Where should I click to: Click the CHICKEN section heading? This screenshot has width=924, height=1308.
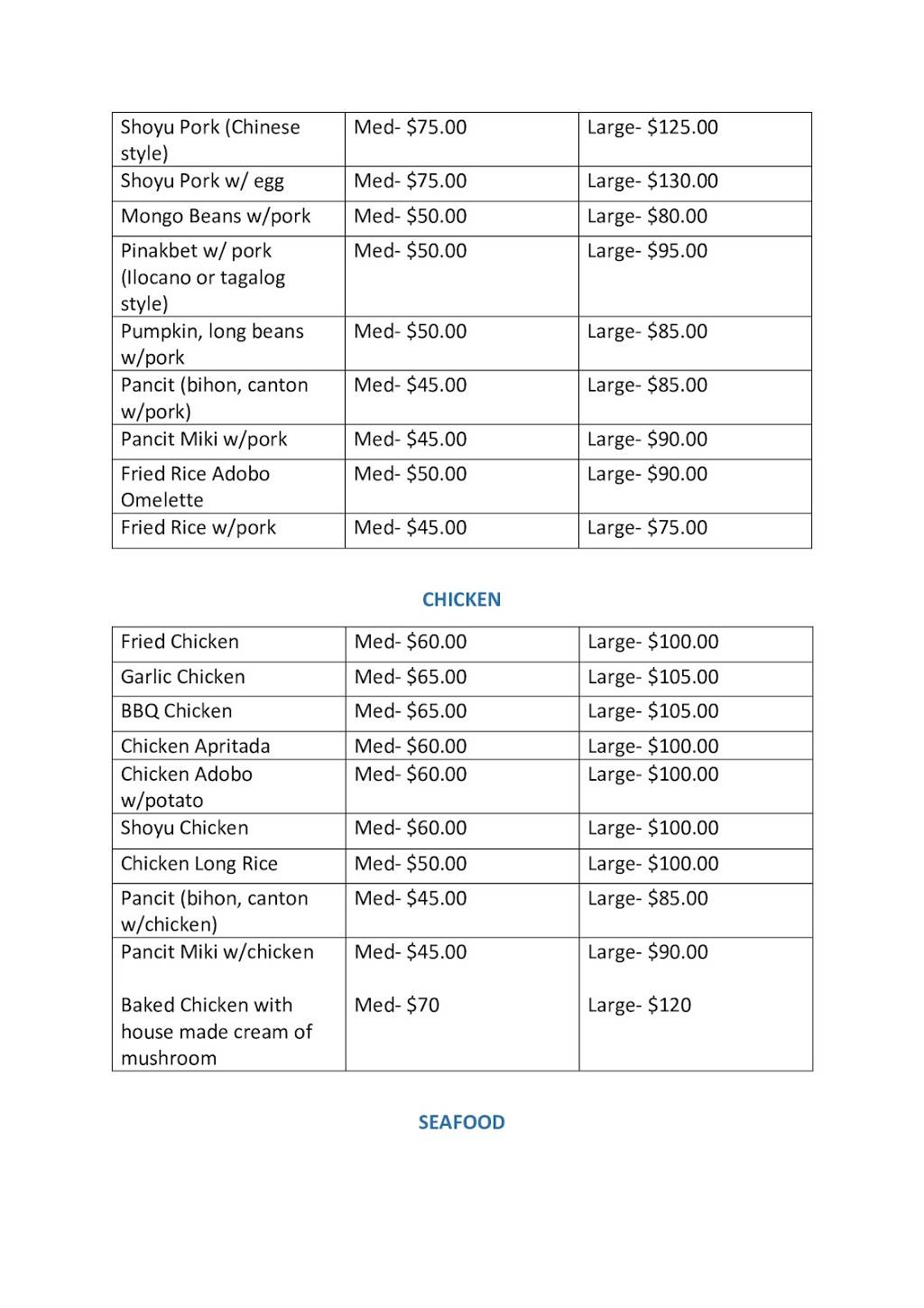461,599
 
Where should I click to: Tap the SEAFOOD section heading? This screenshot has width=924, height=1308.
461,1122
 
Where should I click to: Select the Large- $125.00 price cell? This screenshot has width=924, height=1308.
652,127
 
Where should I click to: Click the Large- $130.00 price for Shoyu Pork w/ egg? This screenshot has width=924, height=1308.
652,181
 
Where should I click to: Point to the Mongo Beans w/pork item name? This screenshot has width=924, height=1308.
216,217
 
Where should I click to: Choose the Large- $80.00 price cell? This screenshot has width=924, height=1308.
647,217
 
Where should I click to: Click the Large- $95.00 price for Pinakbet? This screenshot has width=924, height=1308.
647,251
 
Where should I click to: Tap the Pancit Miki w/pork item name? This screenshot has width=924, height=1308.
204,440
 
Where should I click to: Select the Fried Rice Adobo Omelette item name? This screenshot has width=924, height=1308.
195,487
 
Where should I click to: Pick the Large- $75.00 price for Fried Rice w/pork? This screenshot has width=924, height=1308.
647,528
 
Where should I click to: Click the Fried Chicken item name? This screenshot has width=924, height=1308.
180,642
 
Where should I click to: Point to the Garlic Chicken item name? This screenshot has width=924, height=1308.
183,677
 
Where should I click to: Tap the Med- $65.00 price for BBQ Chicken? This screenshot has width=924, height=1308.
411,711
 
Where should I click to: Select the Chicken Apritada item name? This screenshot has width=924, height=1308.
196,747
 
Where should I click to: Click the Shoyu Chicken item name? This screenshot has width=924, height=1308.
184,828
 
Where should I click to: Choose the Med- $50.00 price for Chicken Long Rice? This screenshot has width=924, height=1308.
411,864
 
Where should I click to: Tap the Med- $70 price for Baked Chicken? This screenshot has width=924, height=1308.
397,1006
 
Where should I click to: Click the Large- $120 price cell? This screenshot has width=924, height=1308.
639,1006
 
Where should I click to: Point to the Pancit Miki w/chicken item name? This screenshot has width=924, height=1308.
217,952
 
